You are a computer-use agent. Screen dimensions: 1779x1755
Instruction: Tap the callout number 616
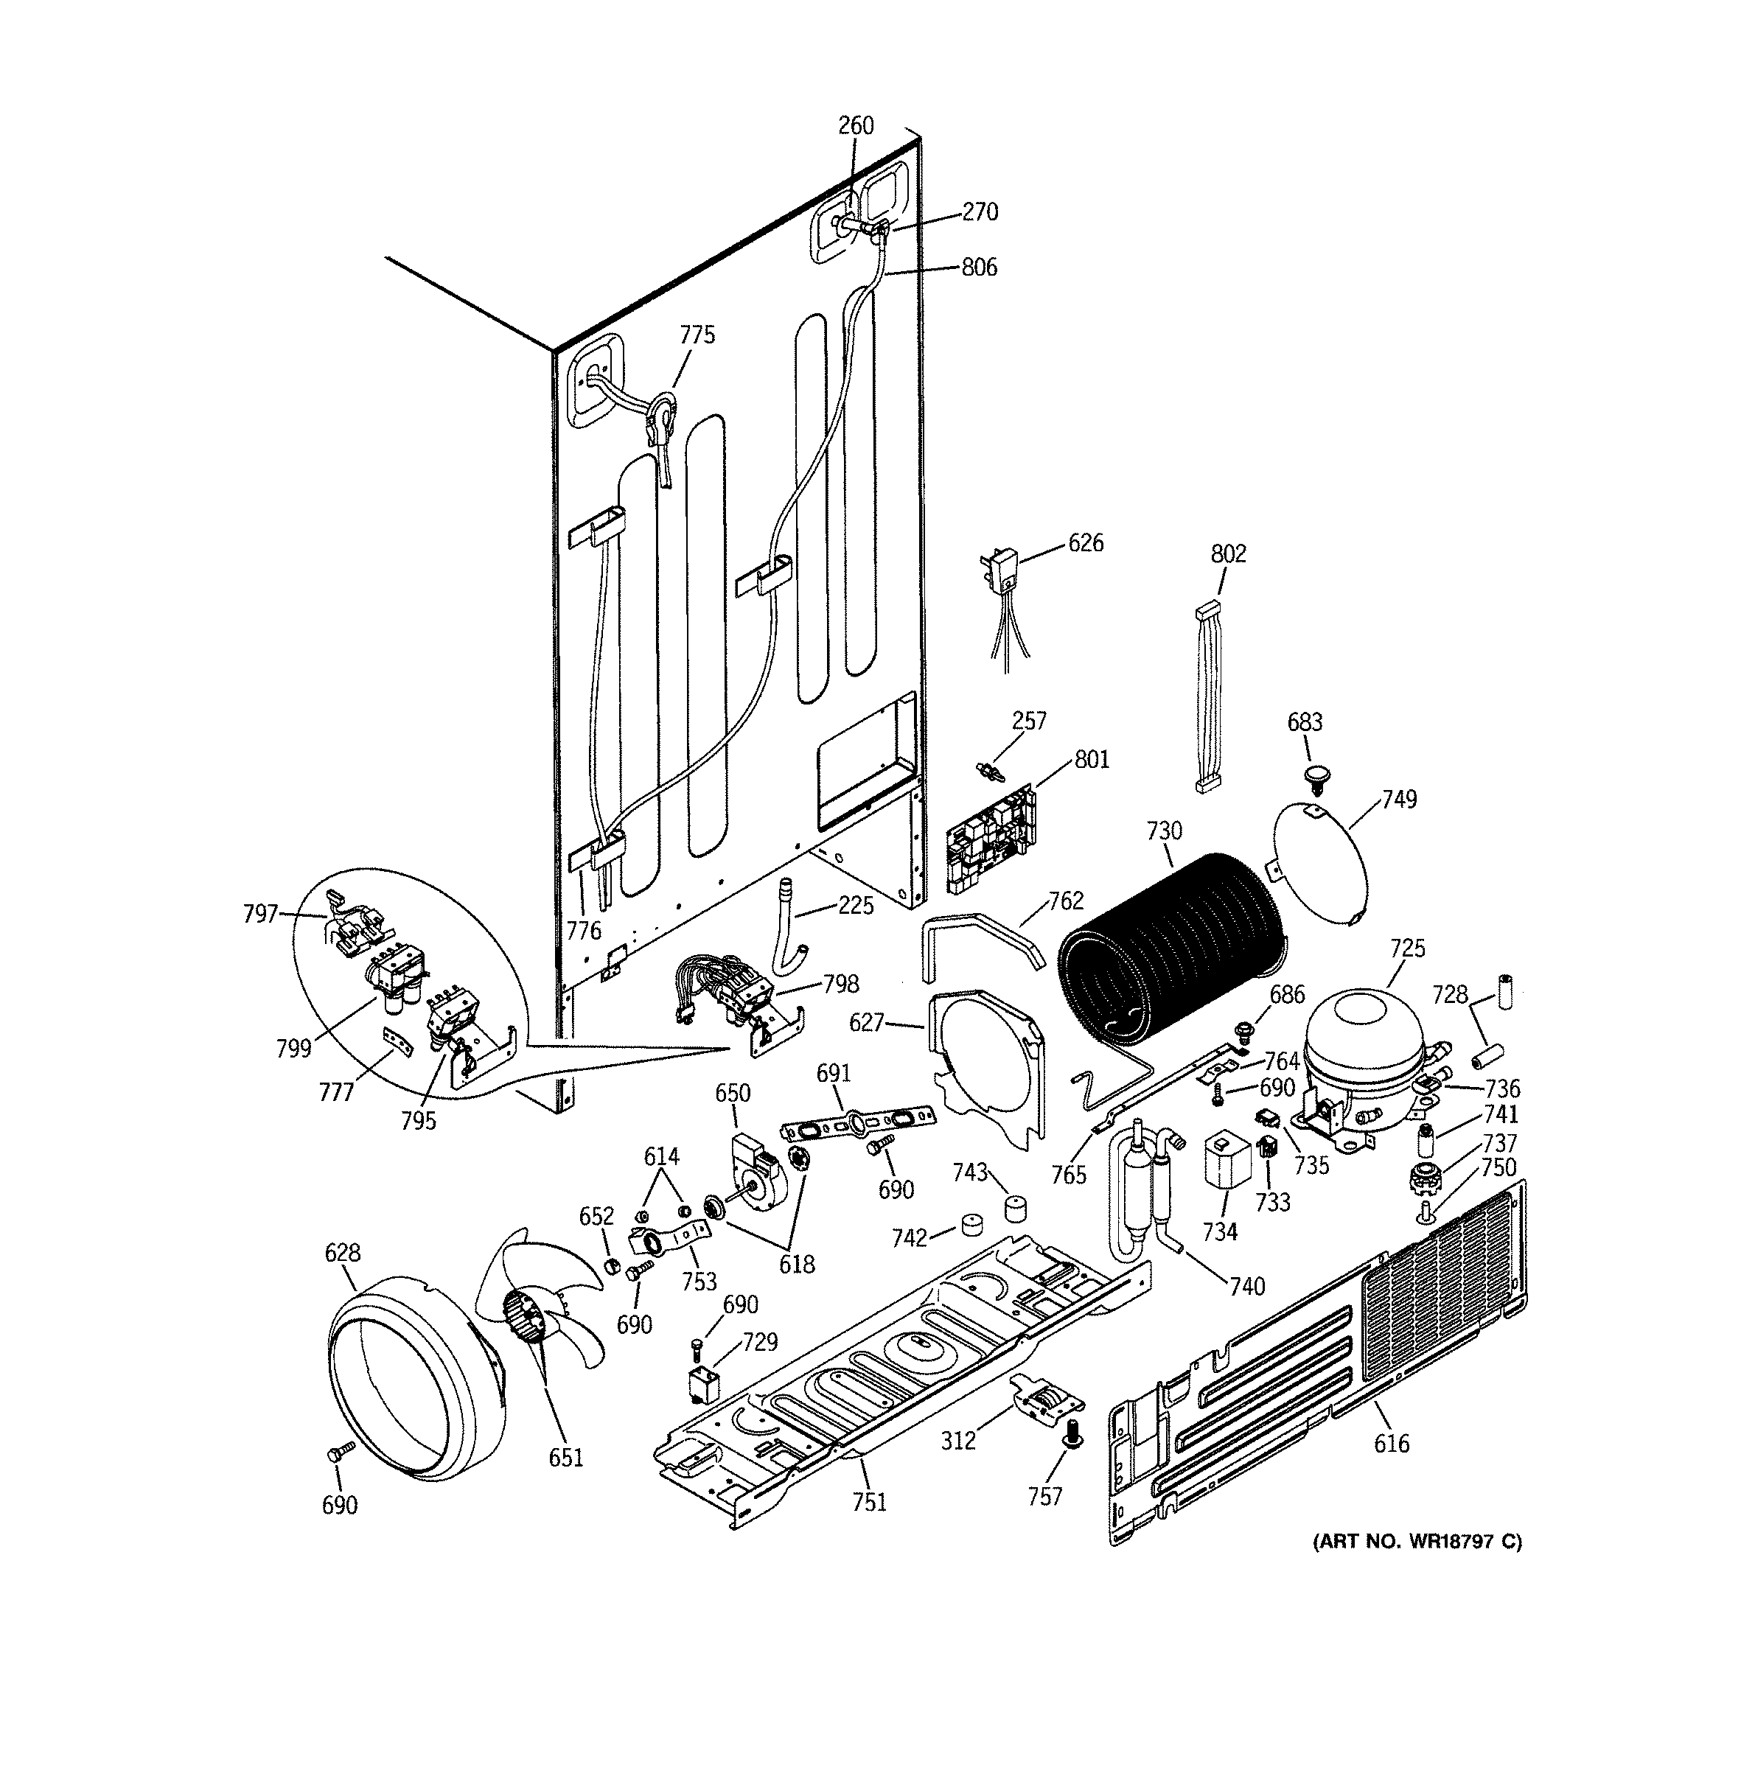1390,1443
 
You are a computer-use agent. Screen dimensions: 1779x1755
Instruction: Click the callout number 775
697,335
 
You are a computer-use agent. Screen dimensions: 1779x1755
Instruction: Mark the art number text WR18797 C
1416,1540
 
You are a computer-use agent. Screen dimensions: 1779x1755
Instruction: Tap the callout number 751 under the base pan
868,1502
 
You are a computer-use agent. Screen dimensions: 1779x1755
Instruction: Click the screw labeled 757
1071,1457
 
